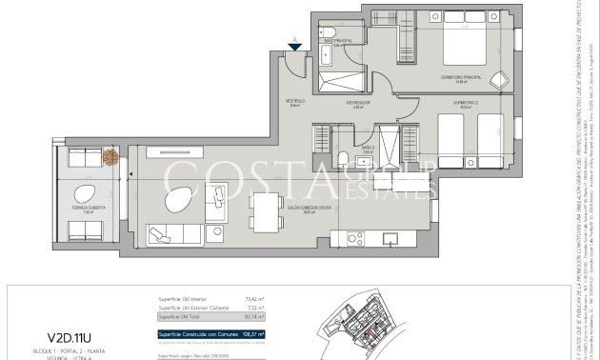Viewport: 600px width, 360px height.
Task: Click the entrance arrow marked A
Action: (296, 43)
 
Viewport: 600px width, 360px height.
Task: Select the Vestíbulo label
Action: (296, 103)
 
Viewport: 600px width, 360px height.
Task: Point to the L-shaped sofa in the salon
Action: (171, 234)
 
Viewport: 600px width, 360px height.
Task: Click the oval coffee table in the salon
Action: (174, 201)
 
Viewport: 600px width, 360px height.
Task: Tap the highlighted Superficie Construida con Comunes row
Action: (211, 334)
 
